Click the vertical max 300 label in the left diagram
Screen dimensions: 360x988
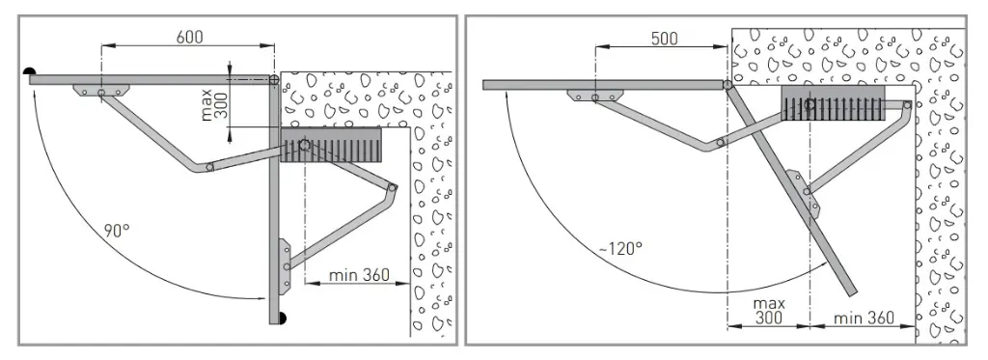214,100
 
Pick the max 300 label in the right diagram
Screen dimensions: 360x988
768,310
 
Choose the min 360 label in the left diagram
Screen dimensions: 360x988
358,275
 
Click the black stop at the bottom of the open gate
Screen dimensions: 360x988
279,318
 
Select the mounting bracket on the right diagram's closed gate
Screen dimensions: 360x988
594,96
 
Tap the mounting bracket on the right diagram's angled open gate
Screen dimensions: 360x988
803,193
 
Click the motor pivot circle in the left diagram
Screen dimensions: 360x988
304,145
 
